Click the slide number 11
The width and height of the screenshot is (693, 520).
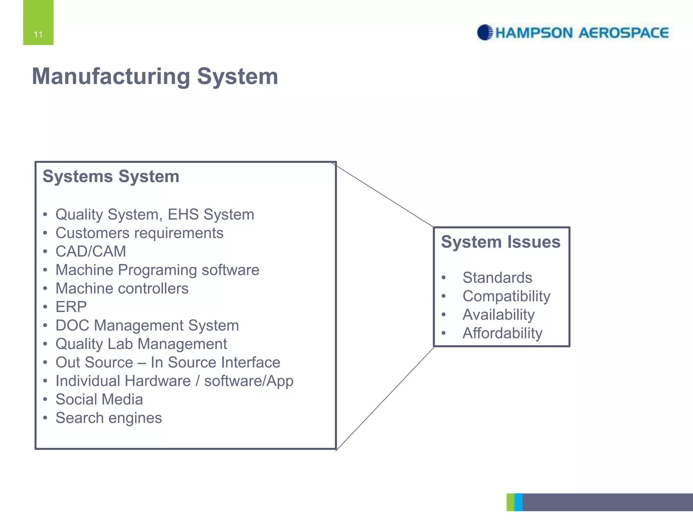tap(38, 34)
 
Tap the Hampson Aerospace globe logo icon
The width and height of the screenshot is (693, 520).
tap(485, 32)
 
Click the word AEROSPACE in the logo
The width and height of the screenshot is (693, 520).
tap(623, 33)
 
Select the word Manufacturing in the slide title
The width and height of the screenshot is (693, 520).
tap(111, 76)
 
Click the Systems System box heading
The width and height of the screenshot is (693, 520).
tap(111, 176)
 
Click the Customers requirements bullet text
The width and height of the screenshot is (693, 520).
tap(139, 233)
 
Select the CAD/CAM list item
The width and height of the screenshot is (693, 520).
tap(91, 252)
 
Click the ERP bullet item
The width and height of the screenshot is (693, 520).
tap(71, 307)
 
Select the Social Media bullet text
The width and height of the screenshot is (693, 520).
tap(99, 399)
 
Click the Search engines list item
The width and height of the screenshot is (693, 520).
tap(109, 418)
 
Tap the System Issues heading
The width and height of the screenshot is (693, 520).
tap(500, 242)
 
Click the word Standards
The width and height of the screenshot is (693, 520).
tap(497, 278)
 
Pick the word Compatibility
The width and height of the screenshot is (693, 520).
tap(506, 296)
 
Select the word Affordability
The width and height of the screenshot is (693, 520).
tap(502, 333)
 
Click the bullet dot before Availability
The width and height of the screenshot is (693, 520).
tap(444, 315)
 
